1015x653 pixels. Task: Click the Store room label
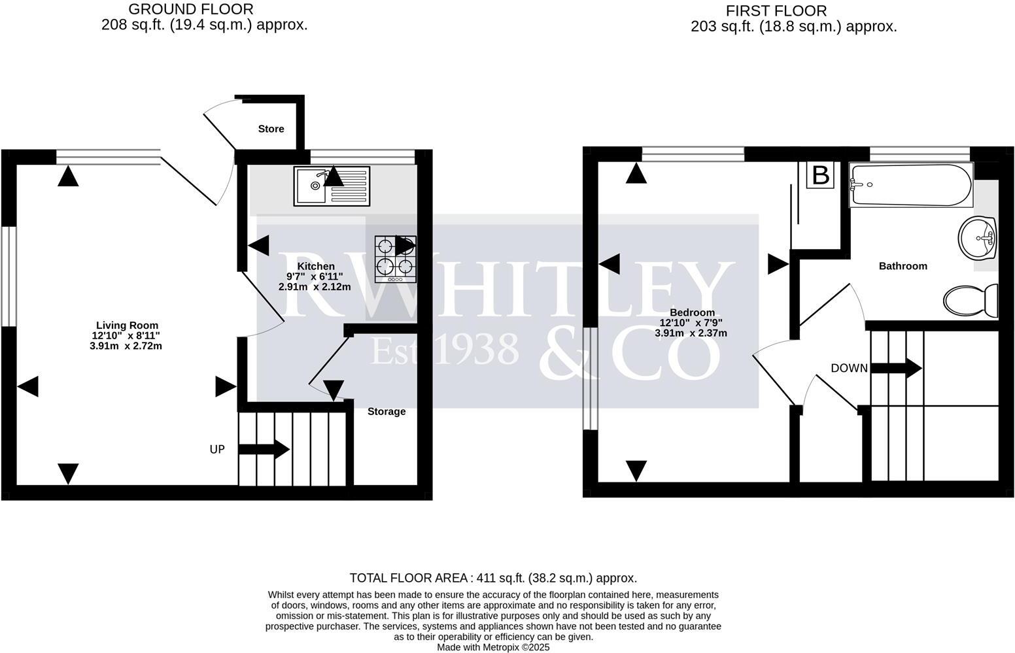(271, 129)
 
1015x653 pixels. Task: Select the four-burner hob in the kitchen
(395, 259)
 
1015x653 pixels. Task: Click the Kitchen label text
(316, 266)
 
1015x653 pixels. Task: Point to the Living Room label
(127, 325)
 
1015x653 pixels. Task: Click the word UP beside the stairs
(217, 450)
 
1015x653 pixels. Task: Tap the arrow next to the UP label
(264, 449)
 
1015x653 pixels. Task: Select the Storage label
(386, 411)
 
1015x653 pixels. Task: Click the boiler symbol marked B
(820, 175)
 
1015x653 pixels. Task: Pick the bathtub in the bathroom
(912, 186)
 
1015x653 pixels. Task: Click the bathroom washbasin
(976, 238)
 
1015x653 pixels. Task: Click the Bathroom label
(903, 266)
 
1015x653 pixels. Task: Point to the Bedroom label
(691, 312)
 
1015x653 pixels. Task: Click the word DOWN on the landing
(849, 369)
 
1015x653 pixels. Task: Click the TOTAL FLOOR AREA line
(493, 578)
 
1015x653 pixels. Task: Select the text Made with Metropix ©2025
(493, 647)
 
